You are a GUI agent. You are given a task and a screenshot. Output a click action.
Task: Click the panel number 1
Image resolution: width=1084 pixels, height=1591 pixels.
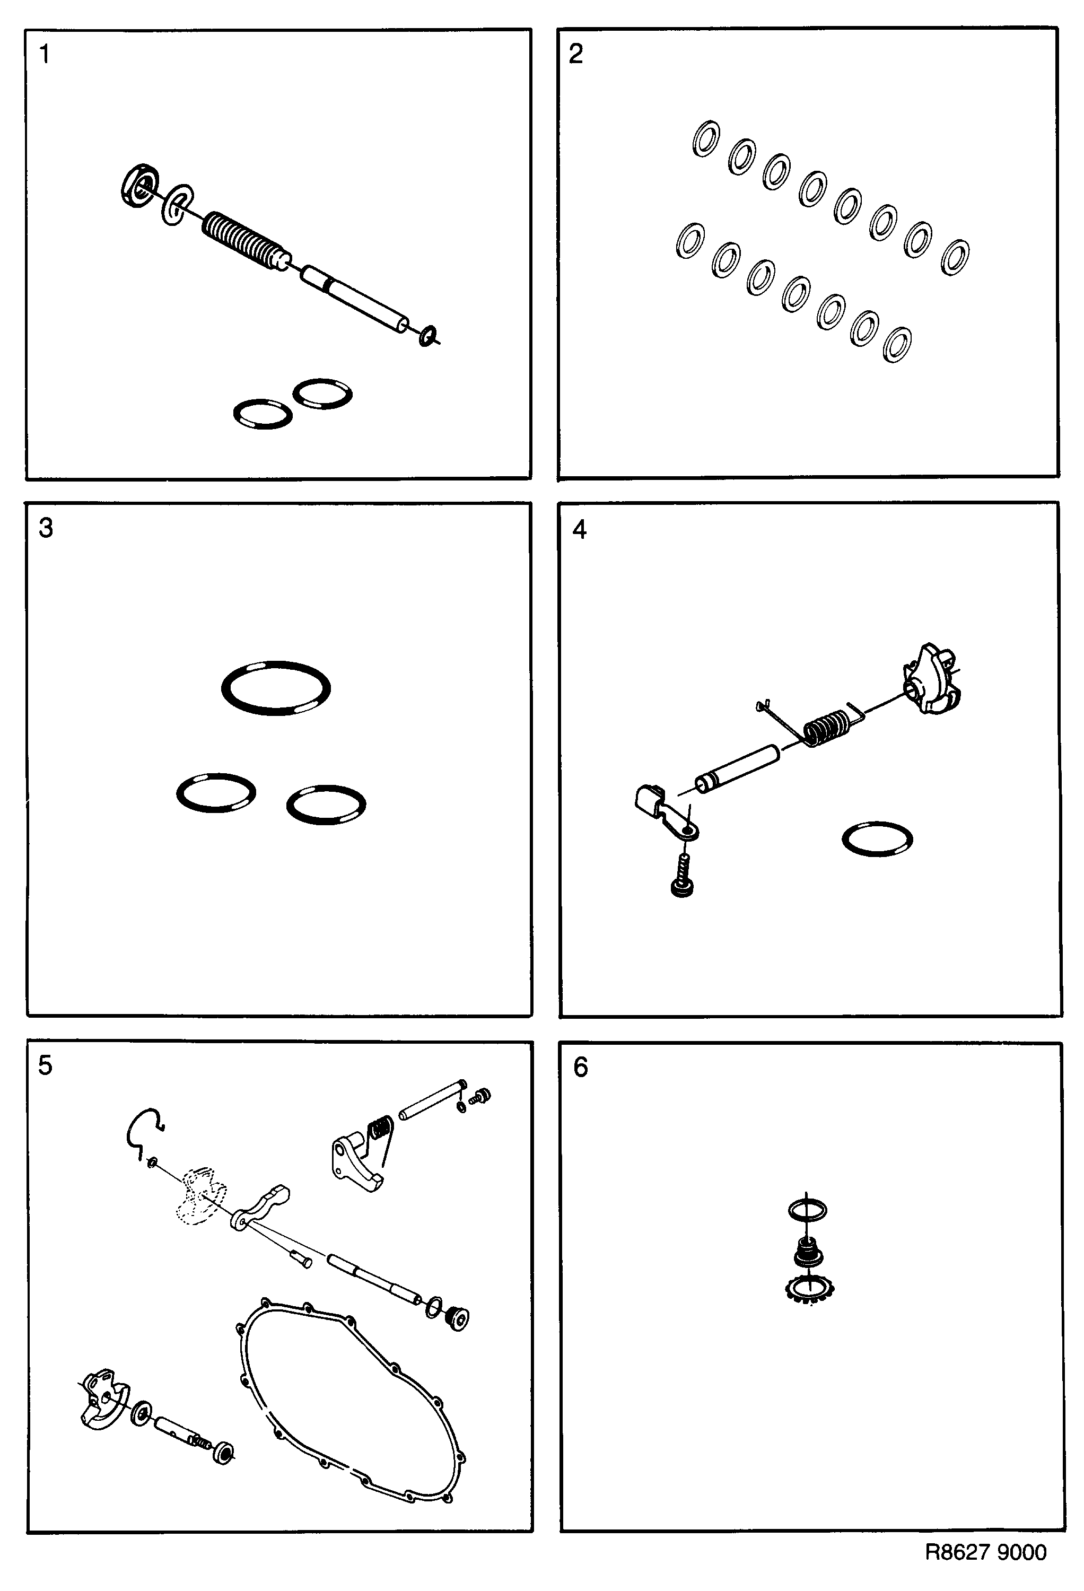pyautogui.click(x=45, y=54)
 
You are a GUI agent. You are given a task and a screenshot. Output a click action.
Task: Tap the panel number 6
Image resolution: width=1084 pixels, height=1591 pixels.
pyautogui.click(x=581, y=1067)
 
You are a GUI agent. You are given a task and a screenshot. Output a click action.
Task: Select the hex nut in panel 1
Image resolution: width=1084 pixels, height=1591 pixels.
pyautogui.click(x=138, y=186)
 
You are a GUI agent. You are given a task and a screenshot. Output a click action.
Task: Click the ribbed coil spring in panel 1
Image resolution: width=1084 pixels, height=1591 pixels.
pyautogui.click(x=243, y=240)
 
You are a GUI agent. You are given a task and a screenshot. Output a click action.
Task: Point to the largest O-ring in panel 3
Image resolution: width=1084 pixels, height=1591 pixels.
pyautogui.click(x=276, y=688)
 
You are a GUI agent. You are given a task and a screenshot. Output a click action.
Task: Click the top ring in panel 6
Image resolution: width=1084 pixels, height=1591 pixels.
pyautogui.click(x=807, y=1210)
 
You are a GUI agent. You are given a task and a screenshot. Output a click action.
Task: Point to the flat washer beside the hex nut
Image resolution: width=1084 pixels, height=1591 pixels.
pyautogui.click(x=177, y=204)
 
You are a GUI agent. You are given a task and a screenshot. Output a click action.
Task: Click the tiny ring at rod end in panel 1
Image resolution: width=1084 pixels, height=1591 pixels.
pyautogui.click(x=428, y=336)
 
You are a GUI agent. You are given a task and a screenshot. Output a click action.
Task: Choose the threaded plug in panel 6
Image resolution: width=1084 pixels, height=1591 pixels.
pyautogui.click(x=808, y=1252)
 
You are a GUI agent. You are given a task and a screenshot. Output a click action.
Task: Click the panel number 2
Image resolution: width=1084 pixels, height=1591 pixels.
pyautogui.click(x=576, y=54)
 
